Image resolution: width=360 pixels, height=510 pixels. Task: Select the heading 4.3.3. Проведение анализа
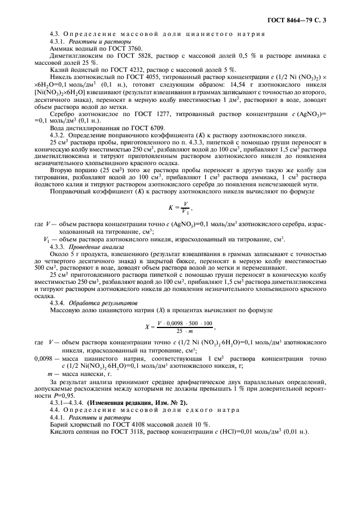point(89,246)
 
